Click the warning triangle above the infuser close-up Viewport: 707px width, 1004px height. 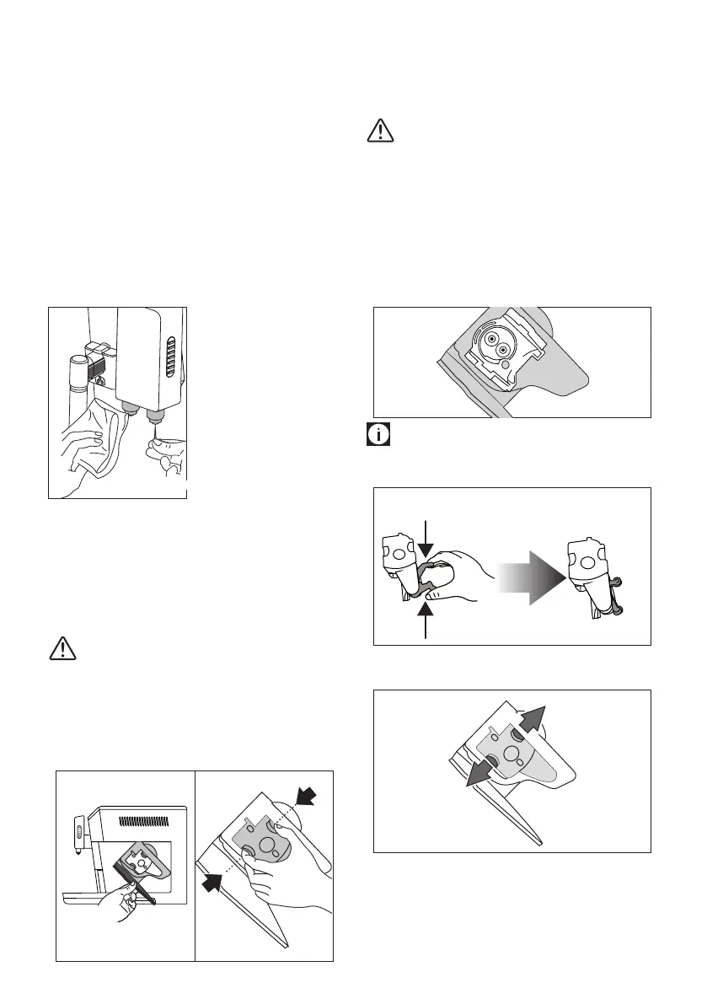pos(381,130)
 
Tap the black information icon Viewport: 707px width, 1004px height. pos(377,436)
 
